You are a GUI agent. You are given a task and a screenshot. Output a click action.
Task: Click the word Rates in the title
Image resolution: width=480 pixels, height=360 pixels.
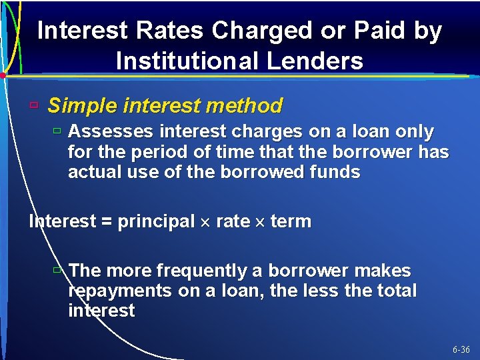167,31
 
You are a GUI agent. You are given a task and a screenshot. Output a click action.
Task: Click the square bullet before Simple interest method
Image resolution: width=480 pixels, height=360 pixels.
34,105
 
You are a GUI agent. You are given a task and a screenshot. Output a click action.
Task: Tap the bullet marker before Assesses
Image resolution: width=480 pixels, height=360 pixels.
57,131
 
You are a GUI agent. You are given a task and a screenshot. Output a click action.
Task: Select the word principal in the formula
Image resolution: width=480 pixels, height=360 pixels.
155,222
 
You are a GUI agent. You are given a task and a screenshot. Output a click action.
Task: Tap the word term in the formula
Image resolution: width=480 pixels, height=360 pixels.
291,222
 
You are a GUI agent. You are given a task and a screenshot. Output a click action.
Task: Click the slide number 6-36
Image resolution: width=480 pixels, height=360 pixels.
461,349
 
